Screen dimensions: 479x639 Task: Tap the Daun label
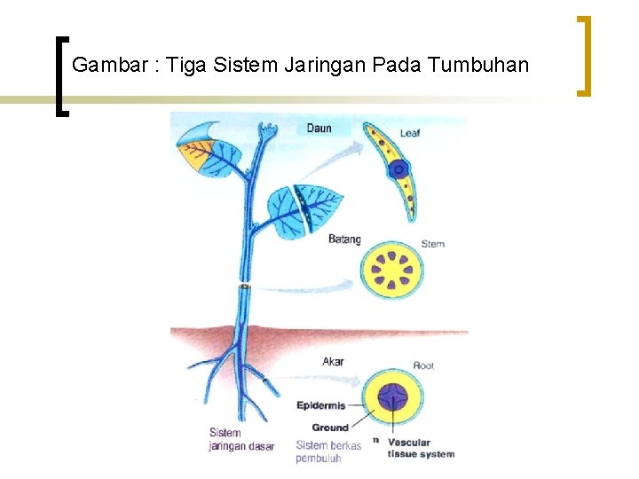coord(319,129)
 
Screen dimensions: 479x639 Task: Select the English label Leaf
coord(409,134)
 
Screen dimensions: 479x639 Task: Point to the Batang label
coord(344,239)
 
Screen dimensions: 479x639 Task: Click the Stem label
coord(432,244)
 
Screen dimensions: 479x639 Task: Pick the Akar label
coord(333,362)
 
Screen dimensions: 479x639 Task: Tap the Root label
coord(423,365)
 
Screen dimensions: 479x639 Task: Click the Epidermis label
coord(321,406)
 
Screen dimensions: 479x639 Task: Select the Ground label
coord(330,428)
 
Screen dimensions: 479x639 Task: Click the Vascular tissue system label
coord(421,448)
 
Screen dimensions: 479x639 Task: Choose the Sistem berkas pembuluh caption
coord(328,452)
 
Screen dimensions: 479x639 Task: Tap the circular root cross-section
coord(393,398)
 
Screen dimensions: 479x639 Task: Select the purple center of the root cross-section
coord(393,398)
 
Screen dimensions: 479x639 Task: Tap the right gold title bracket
coord(584,55)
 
